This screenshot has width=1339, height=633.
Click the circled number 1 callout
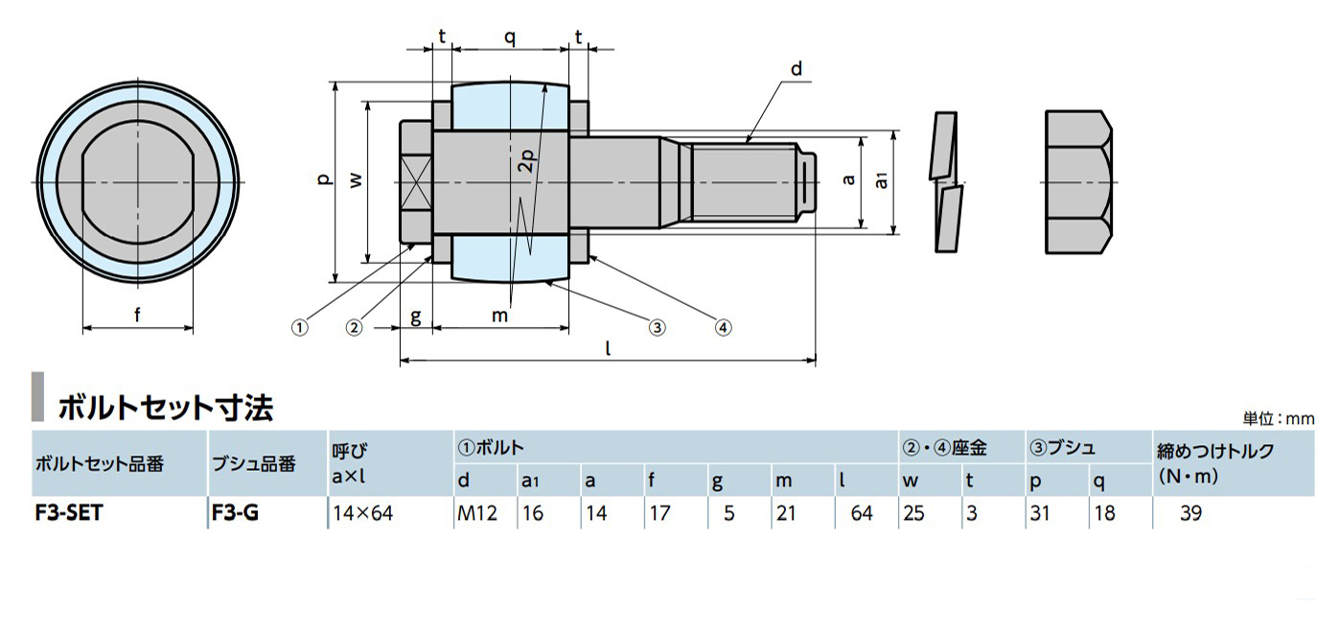point(299,328)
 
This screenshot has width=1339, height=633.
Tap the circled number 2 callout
point(355,328)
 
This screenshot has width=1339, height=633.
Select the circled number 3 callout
point(657,328)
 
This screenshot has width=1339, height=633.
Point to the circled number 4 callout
point(724,328)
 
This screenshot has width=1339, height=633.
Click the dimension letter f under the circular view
point(137,315)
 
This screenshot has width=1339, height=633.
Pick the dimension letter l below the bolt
point(608,347)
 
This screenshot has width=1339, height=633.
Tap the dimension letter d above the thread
point(796,69)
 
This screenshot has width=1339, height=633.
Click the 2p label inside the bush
point(526,160)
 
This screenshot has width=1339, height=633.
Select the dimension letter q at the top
point(509,37)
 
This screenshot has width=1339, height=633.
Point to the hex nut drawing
point(1078,182)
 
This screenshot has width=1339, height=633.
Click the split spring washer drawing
point(946,182)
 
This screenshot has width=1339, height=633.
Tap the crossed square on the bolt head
point(417,182)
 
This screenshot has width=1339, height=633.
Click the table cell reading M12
point(477,513)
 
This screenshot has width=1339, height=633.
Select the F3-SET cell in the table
point(69,513)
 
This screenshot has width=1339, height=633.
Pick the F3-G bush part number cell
point(236,513)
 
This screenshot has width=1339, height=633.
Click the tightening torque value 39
point(1190,513)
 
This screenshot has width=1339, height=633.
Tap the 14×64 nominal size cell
point(363,513)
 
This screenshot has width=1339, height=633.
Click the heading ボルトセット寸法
point(166,408)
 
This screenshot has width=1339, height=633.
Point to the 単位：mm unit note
point(1279,419)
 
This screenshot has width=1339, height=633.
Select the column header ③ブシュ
point(1063,448)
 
